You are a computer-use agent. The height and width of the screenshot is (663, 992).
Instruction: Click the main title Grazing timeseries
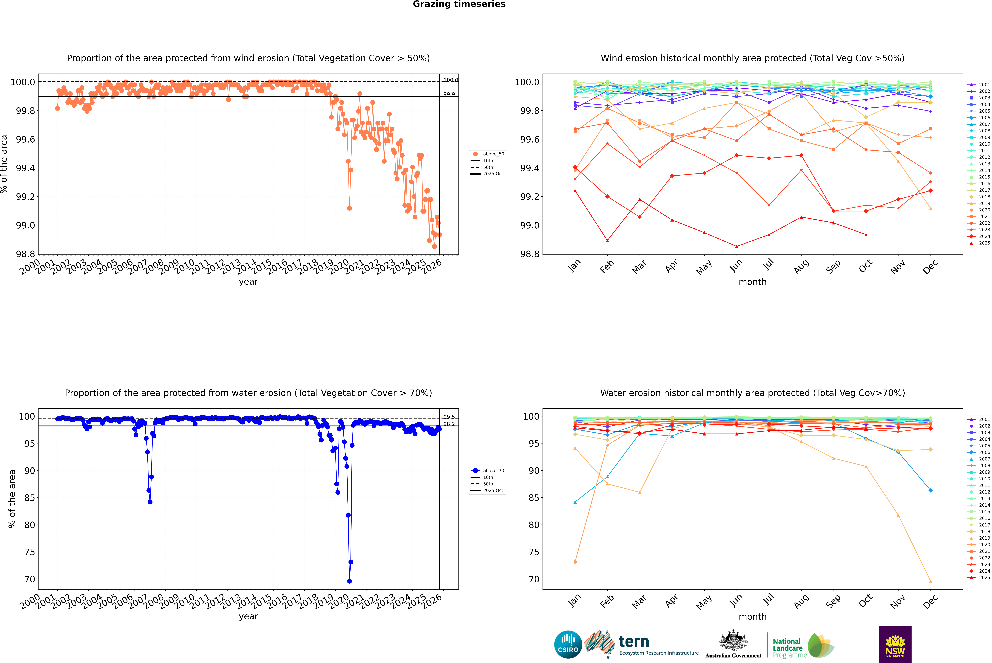click(x=459, y=4)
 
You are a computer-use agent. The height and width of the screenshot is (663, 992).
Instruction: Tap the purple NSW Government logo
click(x=895, y=644)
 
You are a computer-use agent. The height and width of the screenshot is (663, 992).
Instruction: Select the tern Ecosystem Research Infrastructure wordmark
click(x=658, y=645)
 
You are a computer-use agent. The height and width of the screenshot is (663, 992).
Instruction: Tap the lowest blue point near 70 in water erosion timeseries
click(x=349, y=581)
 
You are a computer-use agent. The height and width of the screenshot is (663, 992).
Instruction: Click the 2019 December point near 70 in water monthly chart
click(x=930, y=581)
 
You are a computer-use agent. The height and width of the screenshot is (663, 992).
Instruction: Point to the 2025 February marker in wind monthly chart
click(x=607, y=241)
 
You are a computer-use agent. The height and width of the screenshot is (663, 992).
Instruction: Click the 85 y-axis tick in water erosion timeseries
click(x=29, y=498)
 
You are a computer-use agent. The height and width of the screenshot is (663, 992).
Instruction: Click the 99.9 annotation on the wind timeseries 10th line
click(x=449, y=94)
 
